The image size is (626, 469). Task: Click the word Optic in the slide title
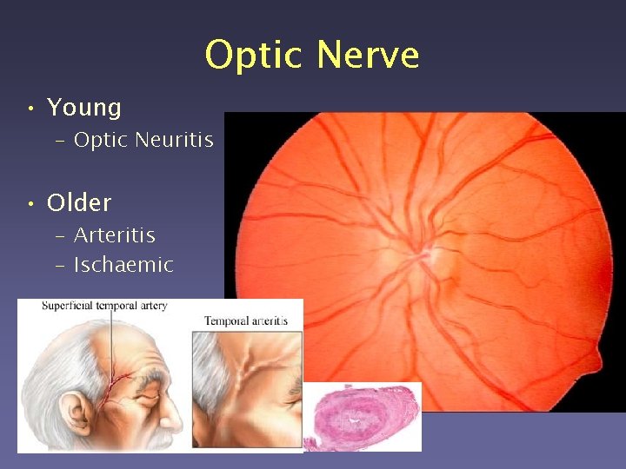[256, 56]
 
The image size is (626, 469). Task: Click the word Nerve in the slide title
[368, 56]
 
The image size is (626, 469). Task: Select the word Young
[84, 108]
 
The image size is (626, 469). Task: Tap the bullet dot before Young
[30, 109]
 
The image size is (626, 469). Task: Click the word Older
[79, 203]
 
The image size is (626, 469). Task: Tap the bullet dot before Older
[30, 204]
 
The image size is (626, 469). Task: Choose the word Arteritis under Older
[115, 235]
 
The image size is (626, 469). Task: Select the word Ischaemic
[123, 265]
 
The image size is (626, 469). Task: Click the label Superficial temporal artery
[92, 306]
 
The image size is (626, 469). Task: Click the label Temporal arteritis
[246, 321]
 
